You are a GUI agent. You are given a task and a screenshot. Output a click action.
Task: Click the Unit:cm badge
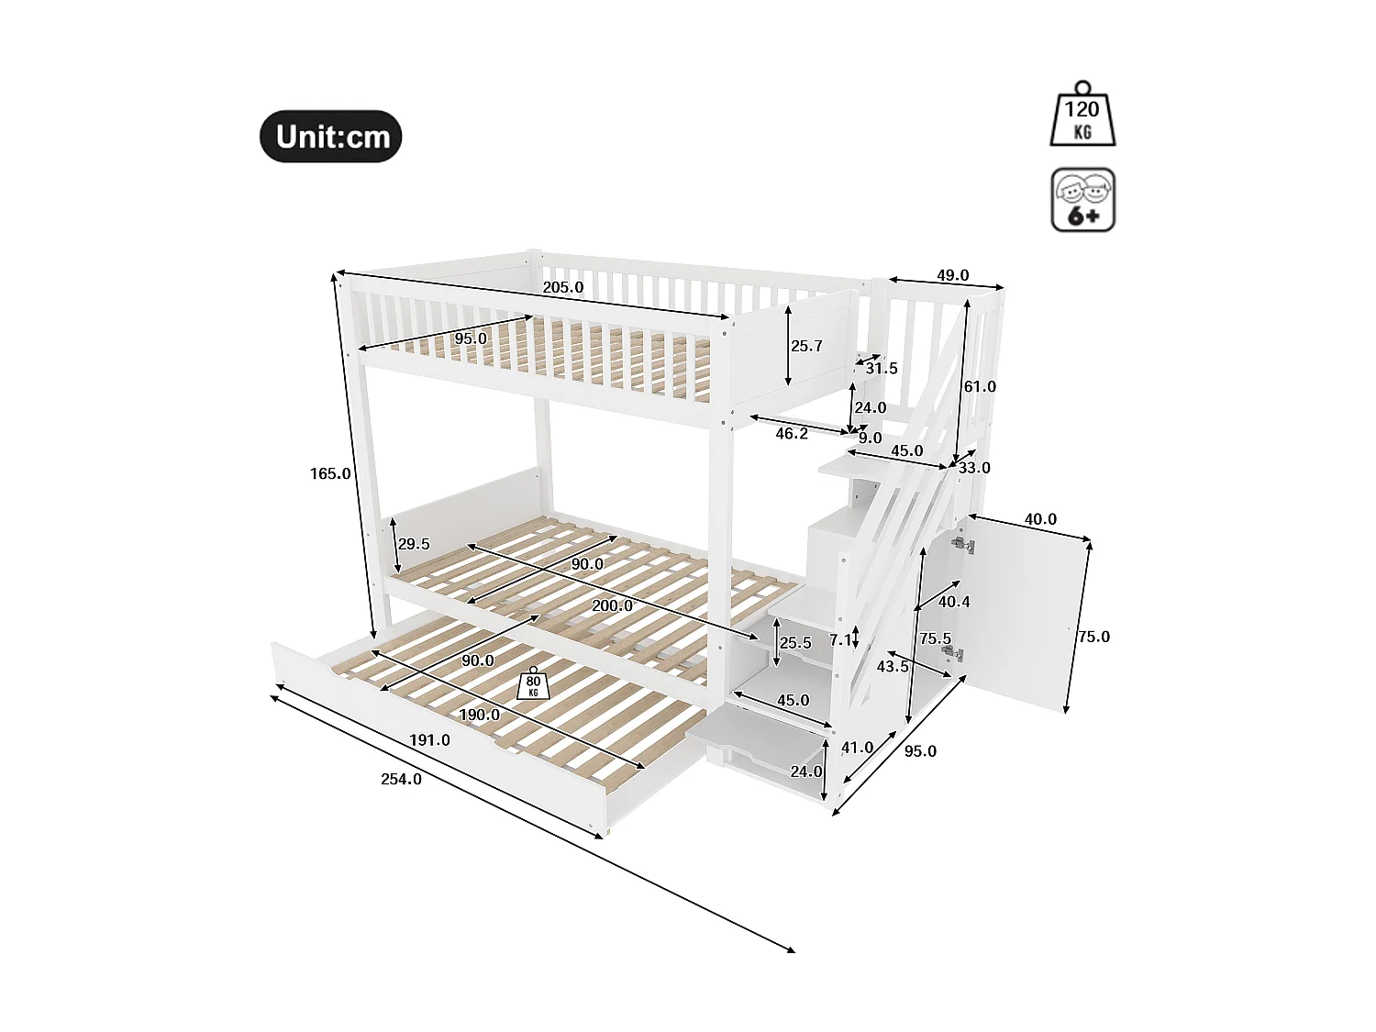click(x=331, y=137)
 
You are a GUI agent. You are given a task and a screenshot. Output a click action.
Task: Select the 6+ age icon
click(x=1082, y=200)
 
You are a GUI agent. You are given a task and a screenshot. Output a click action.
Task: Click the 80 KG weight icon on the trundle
click(x=533, y=684)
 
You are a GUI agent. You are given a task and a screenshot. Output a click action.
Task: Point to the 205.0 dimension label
click(x=563, y=287)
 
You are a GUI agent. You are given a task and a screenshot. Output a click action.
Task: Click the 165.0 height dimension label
click(x=330, y=473)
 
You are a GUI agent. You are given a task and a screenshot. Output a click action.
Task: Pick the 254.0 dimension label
click(x=401, y=779)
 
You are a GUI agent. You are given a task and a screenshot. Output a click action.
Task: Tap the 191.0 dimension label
click(x=429, y=739)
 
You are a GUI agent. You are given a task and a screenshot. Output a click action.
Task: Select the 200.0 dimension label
click(x=612, y=605)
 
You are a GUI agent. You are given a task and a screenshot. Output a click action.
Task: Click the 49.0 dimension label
click(x=952, y=275)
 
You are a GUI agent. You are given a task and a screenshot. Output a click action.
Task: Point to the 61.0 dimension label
click(x=979, y=386)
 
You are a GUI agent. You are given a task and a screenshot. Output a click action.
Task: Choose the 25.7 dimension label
click(x=806, y=346)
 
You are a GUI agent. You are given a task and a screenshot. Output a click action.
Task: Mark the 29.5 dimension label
click(x=414, y=544)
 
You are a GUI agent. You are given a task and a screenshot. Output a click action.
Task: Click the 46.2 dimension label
click(x=792, y=433)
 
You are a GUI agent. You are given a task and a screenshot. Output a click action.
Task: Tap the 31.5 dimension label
click(x=882, y=368)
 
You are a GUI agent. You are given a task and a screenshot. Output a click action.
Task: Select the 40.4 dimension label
click(x=954, y=602)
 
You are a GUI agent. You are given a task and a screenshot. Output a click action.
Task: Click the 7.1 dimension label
click(x=839, y=640)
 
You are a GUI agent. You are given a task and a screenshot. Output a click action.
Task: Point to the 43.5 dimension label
click(x=893, y=666)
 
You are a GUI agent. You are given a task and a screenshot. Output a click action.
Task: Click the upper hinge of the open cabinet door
click(x=962, y=545)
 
